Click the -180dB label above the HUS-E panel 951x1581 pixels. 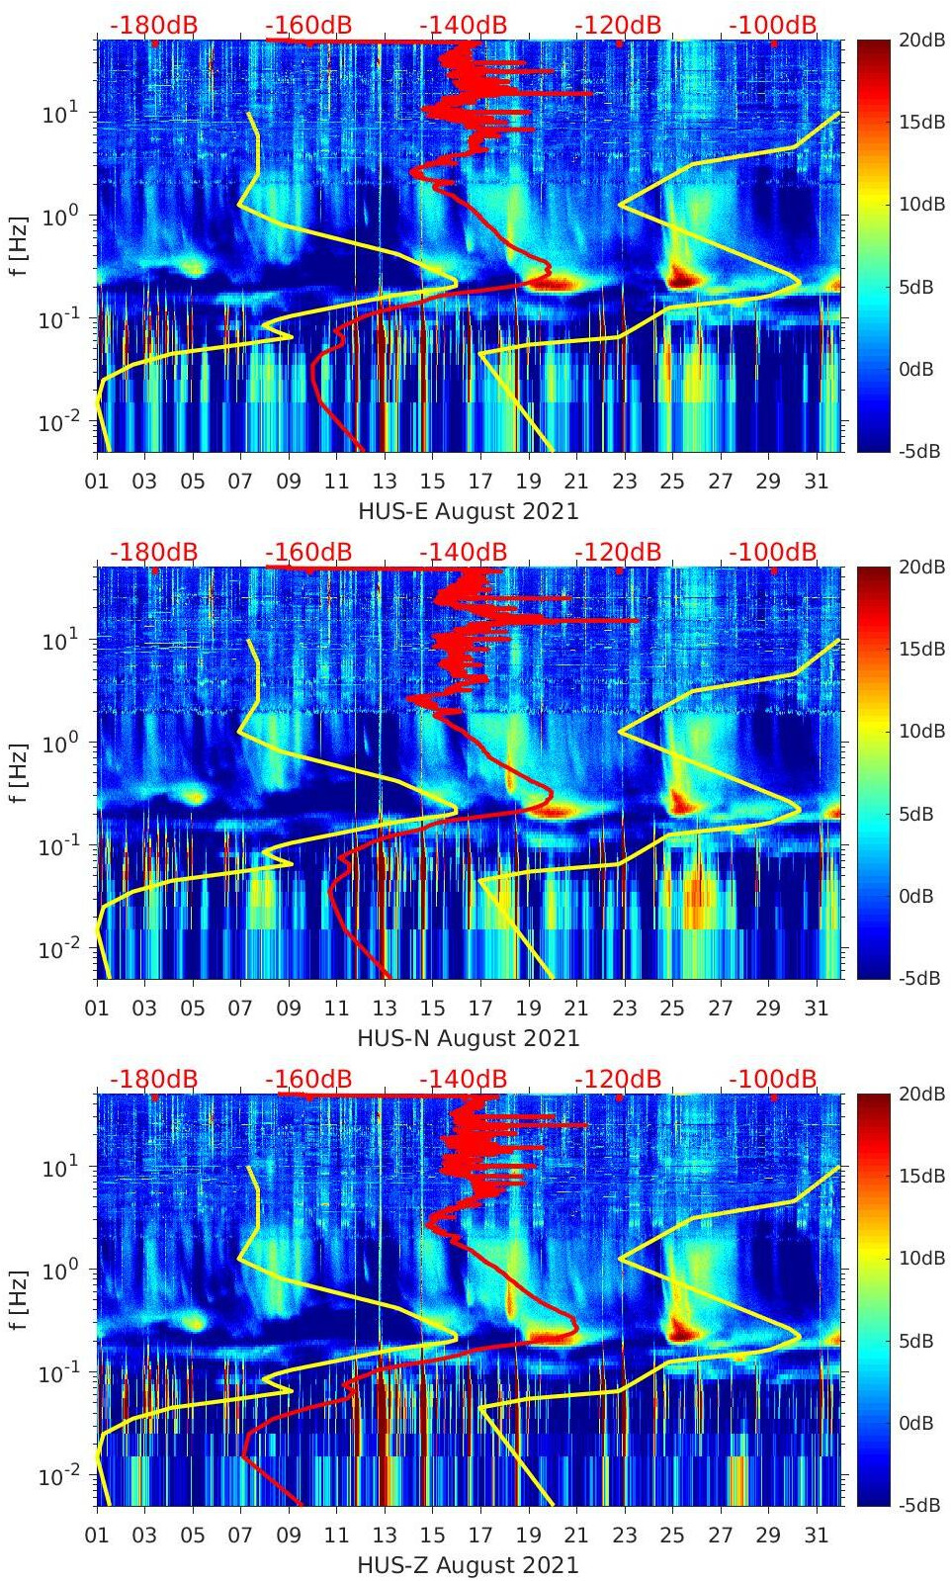click(x=153, y=25)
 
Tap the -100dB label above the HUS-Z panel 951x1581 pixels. click(x=773, y=1079)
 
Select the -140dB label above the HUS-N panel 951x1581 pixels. click(x=463, y=552)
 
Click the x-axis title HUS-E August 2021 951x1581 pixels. click(x=468, y=511)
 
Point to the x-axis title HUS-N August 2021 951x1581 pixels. click(x=468, y=1038)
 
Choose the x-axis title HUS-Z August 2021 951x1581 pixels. click(x=468, y=1565)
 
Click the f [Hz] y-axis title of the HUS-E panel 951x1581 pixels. click(x=19, y=246)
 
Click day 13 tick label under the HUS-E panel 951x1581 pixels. click(x=385, y=482)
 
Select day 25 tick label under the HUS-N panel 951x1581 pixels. click(x=672, y=1009)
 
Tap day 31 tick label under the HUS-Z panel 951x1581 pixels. click(x=816, y=1536)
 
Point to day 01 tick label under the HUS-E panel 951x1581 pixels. click(x=97, y=482)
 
